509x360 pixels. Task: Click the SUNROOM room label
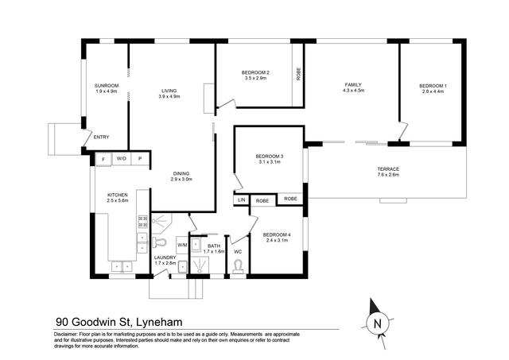coord(107,85)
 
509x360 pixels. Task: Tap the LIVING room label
coord(169,90)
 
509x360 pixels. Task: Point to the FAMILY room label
coord(353,84)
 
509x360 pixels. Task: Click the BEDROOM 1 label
coord(434,85)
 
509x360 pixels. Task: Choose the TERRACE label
coord(388,169)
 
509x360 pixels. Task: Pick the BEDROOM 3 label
coord(270,156)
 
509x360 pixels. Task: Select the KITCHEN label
coord(119,195)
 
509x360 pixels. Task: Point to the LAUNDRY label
coord(165,257)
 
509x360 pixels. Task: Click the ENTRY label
coord(101,137)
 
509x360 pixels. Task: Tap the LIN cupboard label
coord(241,199)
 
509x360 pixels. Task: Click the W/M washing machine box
coord(182,244)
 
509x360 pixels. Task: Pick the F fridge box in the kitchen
coord(103,159)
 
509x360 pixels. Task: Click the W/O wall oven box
coord(122,159)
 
